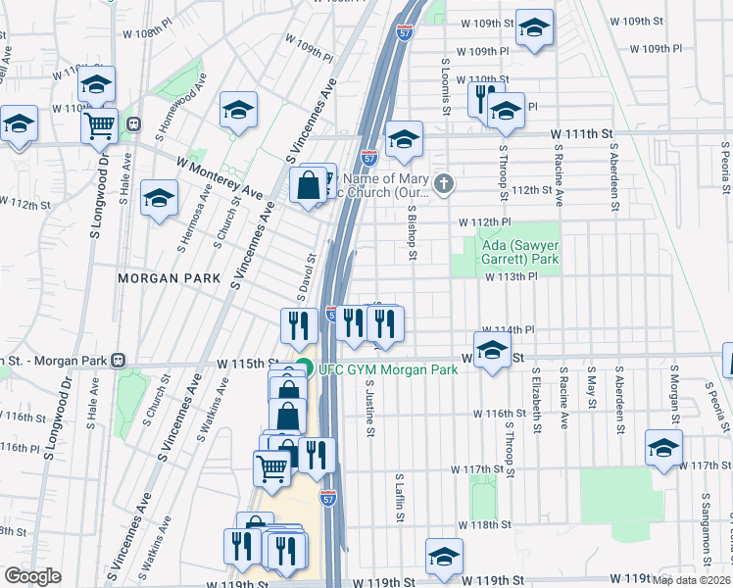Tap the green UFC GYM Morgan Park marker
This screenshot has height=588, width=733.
(304, 369)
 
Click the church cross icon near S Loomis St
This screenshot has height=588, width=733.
(444, 183)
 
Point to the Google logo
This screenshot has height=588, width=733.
(32, 576)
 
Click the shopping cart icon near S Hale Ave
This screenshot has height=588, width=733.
(99, 124)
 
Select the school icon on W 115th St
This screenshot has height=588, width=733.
(491, 350)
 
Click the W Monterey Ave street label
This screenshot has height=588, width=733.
(220, 177)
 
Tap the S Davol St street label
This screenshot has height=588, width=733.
(306, 278)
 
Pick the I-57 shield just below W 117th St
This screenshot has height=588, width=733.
(328, 498)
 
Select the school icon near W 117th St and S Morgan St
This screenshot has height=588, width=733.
(663, 447)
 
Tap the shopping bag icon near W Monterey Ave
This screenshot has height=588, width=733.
(308, 185)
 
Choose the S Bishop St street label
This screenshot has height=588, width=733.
(413, 235)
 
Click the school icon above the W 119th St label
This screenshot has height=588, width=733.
(444, 556)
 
